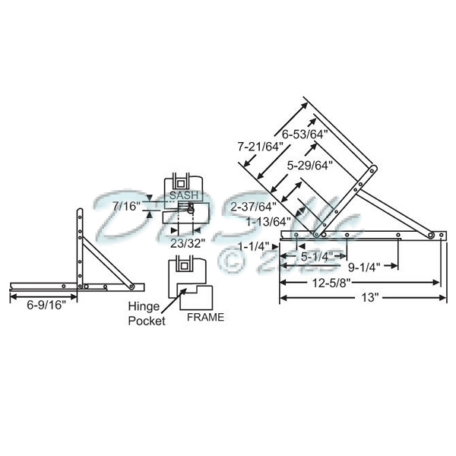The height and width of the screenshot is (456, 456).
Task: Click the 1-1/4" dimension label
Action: point(252,246)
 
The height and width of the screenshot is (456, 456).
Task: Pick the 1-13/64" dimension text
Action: point(268,221)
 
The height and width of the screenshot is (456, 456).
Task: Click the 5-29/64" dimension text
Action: point(311,164)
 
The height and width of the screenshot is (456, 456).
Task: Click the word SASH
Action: point(183,195)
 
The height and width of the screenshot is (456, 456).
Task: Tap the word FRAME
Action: point(204,318)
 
